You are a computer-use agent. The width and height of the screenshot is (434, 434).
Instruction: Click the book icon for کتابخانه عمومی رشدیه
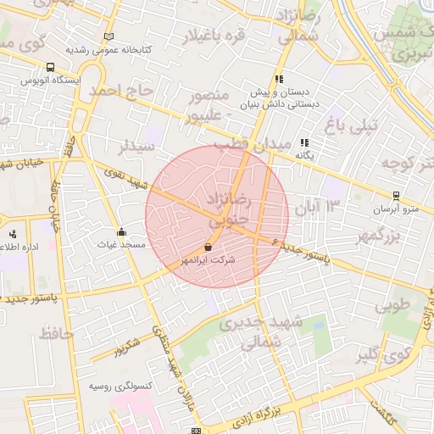108,37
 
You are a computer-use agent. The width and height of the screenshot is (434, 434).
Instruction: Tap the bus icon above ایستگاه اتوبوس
50,67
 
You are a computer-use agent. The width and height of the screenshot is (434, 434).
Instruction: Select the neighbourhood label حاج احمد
124,90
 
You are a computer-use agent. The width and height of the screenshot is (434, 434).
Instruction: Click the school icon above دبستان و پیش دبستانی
279,80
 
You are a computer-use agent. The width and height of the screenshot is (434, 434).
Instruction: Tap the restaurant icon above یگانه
303,143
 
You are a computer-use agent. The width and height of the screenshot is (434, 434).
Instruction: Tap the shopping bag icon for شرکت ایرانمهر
209,248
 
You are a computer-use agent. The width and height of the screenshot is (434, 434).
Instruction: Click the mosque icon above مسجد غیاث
122,232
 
